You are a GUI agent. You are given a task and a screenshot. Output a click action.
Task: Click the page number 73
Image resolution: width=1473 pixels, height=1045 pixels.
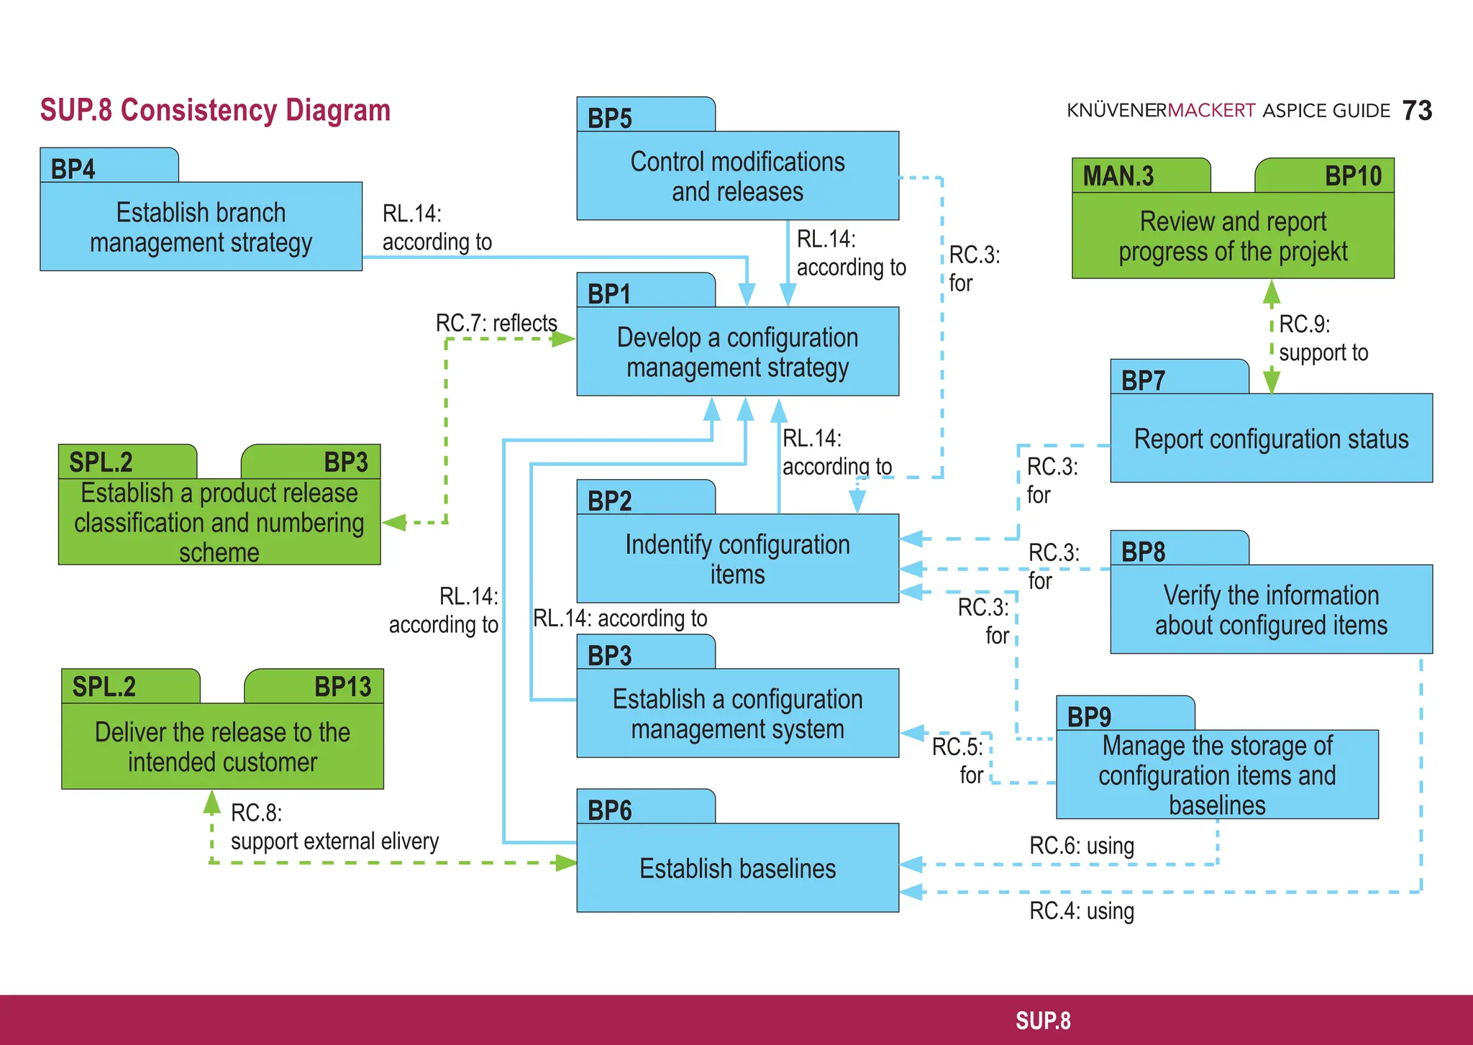[x=1416, y=111]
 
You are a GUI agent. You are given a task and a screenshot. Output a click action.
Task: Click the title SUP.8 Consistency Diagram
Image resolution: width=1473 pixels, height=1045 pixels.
[x=215, y=110]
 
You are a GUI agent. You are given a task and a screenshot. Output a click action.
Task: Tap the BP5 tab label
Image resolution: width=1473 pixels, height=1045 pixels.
[x=610, y=118]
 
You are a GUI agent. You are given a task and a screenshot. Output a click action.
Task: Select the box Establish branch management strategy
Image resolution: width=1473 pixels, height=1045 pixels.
[x=201, y=227]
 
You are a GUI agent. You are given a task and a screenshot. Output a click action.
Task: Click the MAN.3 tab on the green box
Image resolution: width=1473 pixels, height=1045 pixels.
[x=1118, y=176]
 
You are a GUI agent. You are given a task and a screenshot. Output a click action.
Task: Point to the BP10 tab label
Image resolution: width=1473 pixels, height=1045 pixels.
[x=1352, y=176]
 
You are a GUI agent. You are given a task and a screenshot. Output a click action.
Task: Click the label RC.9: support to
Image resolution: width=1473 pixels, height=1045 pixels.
[x=1322, y=338]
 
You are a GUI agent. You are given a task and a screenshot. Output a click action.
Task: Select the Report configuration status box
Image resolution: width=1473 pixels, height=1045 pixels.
[x=1271, y=438]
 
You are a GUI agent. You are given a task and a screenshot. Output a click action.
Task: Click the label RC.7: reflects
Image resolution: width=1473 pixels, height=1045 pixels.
[x=496, y=323]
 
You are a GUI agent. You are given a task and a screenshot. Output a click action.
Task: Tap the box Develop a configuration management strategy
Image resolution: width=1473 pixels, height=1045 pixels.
[x=737, y=352]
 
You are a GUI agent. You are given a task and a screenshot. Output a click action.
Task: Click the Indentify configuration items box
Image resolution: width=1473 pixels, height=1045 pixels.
[x=737, y=559]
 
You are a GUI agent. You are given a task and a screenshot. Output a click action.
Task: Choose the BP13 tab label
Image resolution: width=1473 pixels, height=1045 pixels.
[x=342, y=687]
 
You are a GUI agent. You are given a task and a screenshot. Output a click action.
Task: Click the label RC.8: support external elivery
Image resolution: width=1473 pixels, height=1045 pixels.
[x=334, y=827]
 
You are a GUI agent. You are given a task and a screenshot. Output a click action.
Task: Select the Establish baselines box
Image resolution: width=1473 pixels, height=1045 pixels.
[x=737, y=868]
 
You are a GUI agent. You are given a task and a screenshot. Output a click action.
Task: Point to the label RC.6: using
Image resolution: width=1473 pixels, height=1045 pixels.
[x=1081, y=846]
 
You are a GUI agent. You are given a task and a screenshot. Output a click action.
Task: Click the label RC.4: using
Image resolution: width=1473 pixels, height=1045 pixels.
[x=1081, y=911]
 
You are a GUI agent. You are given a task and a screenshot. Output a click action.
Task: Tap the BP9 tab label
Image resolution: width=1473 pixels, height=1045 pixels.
[x=1089, y=717]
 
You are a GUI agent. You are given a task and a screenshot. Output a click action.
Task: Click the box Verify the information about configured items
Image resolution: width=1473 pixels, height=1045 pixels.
[x=1271, y=610]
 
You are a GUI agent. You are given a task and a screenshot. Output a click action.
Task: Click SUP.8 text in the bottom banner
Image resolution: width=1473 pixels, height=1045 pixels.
[x=1042, y=1021]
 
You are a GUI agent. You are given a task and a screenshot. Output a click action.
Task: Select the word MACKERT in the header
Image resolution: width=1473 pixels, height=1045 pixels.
[x=1211, y=111]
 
